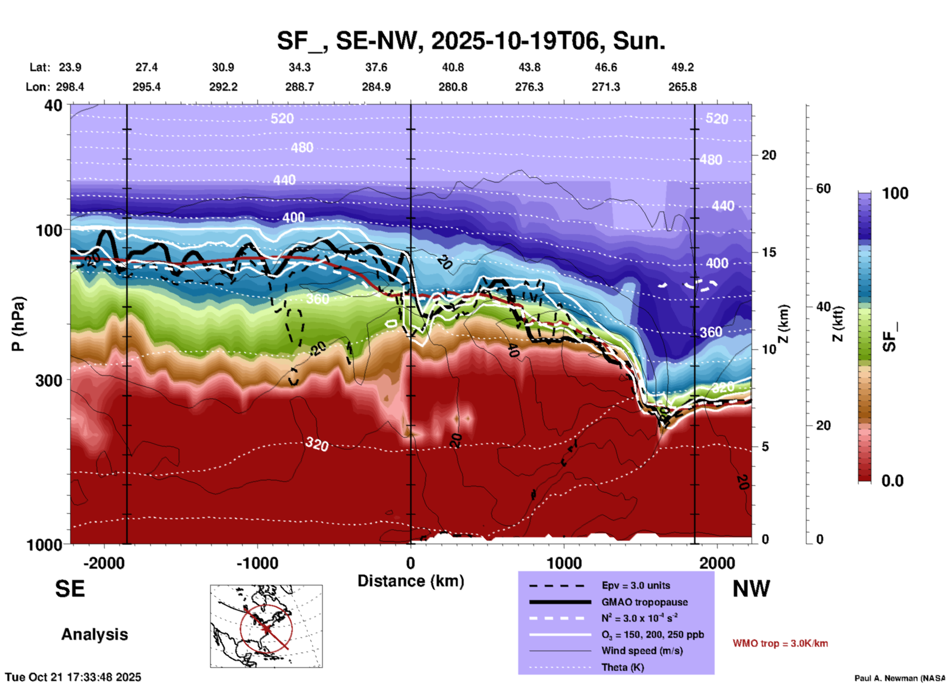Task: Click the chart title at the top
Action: tap(471, 40)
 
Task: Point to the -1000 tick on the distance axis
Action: tap(257, 563)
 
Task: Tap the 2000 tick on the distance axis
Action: tap(717, 563)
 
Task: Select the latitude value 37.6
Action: tap(376, 67)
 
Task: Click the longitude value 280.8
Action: tap(453, 87)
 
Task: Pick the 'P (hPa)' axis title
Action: tap(18, 324)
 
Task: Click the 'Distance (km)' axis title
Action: tap(411, 581)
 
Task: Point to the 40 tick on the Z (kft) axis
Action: tap(823, 307)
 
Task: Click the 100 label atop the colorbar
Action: tap(895, 193)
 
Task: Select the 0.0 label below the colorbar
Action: tap(892, 481)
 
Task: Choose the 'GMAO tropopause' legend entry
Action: tap(644, 602)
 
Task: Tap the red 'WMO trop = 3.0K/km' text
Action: tap(780, 643)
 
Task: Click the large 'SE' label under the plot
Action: tap(70, 589)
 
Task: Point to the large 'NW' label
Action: tap(751, 589)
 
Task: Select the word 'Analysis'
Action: tap(94, 634)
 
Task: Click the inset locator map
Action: tap(266, 626)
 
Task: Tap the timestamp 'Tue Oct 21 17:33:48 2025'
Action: tap(73, 677)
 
